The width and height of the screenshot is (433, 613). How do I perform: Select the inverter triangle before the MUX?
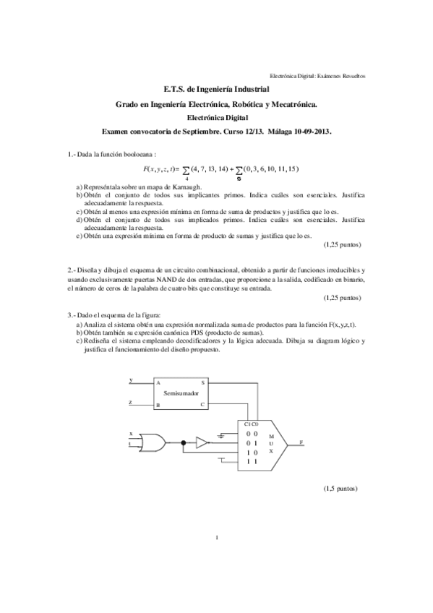click(x=202, y=440)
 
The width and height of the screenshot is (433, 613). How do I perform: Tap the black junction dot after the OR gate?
click(x=184, y=440)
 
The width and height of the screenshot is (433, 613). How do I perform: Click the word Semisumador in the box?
click(x=181, y=394)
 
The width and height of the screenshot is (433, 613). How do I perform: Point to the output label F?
click(x=300, y=440)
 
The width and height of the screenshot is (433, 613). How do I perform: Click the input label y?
click(x=130, y=379)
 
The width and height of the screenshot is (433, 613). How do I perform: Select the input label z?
click(x=130, y=402)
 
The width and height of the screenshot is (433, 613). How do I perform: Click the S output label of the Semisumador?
click(x=202, y=382)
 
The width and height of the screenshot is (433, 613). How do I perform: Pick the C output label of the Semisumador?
click(x=202, y=405)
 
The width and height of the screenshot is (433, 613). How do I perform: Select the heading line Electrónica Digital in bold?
click(x=217, y=118)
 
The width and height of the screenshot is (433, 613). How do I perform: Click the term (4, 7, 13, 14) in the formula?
click(x=210, y=169)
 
